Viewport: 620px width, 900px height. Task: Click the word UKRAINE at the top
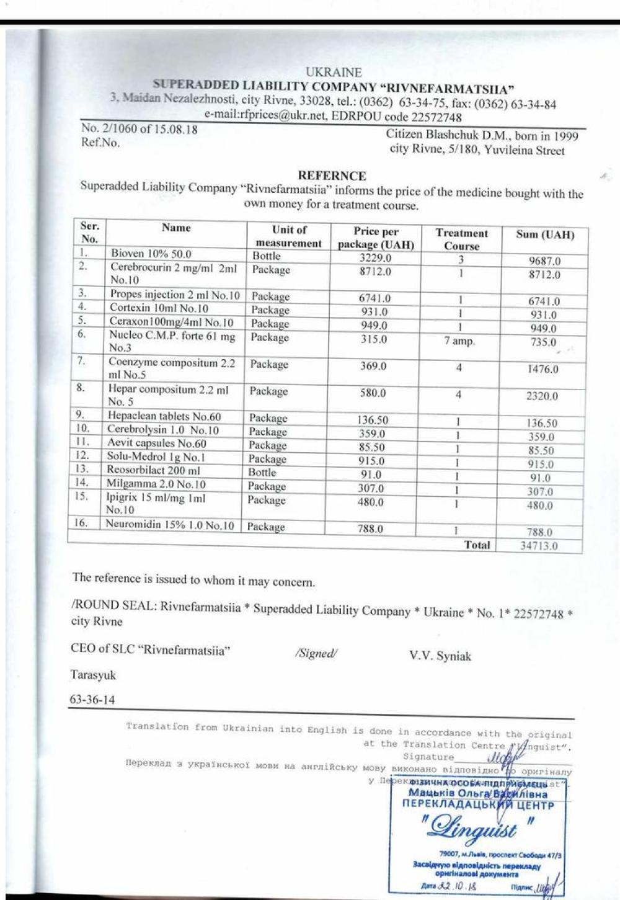[x=334, y=73]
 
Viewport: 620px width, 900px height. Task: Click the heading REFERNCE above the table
[x=332, y=176]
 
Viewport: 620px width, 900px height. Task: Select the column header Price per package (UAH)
[x=376, y=238]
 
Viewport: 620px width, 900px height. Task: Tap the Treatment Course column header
[x=461, y=239]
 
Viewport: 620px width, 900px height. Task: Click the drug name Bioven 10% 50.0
[x=151, y=254]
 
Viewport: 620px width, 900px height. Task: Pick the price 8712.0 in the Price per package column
[x=375, y=272]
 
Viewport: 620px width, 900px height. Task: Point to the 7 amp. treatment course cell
[x=459, y=341]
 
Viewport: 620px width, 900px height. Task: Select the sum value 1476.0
[x=542, y=369]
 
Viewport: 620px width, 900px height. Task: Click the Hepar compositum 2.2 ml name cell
[x=168, y=395]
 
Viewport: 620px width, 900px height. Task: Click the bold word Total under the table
[x=477, y=545]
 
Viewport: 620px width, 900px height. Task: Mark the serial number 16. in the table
[x=81, y=523]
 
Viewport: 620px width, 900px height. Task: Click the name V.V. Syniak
[x=440, y=656]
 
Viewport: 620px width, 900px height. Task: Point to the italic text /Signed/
[x=316, y=654]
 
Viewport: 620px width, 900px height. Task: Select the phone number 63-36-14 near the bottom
[x=92, y=699]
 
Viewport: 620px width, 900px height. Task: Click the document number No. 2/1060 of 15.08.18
[x=139, y=130]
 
